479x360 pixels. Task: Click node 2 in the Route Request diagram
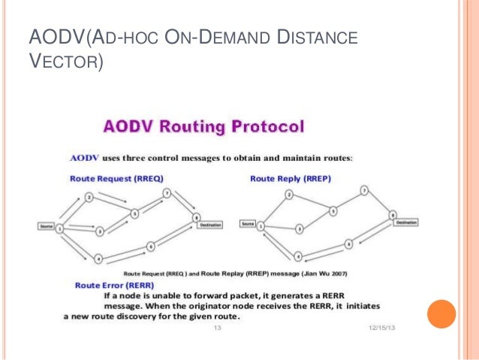pyautogui.click(x=89, y=198)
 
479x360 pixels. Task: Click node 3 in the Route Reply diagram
pyautogui.click(x=300, y=228)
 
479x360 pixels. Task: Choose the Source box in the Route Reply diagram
pyautogui.click(x=248, y=224)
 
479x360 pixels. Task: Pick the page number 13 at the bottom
pyautogui.click(x=219, y=329)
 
